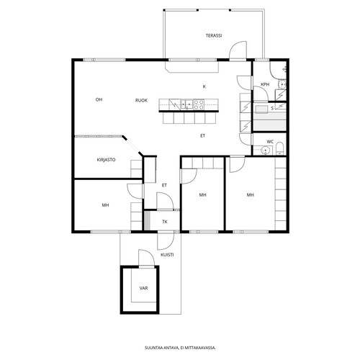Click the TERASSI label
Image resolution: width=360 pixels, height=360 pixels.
point(214,35)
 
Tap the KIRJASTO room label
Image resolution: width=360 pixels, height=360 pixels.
point(106,160)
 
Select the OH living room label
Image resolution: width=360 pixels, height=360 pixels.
point(99,99)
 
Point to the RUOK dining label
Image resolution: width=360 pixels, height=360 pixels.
point(141,100)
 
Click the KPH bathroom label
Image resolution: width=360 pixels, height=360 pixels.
point(265,84)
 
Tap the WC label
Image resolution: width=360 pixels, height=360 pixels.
point(270,142)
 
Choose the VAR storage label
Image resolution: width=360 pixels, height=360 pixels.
point(143,288)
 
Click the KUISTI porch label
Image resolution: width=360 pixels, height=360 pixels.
point(167,255)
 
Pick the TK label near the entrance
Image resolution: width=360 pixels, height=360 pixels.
point(165,222)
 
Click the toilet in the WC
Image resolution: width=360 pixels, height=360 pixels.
point(280,149)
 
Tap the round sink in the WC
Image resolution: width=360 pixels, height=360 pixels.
point(265,150)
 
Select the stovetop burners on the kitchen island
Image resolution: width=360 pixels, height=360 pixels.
point(199,104)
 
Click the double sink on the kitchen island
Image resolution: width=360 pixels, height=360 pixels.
point(186,104)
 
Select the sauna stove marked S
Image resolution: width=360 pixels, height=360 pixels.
point(281,107)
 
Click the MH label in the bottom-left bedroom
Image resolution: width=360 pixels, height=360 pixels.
point(105,205)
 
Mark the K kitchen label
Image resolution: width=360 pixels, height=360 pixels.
point(204,86)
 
